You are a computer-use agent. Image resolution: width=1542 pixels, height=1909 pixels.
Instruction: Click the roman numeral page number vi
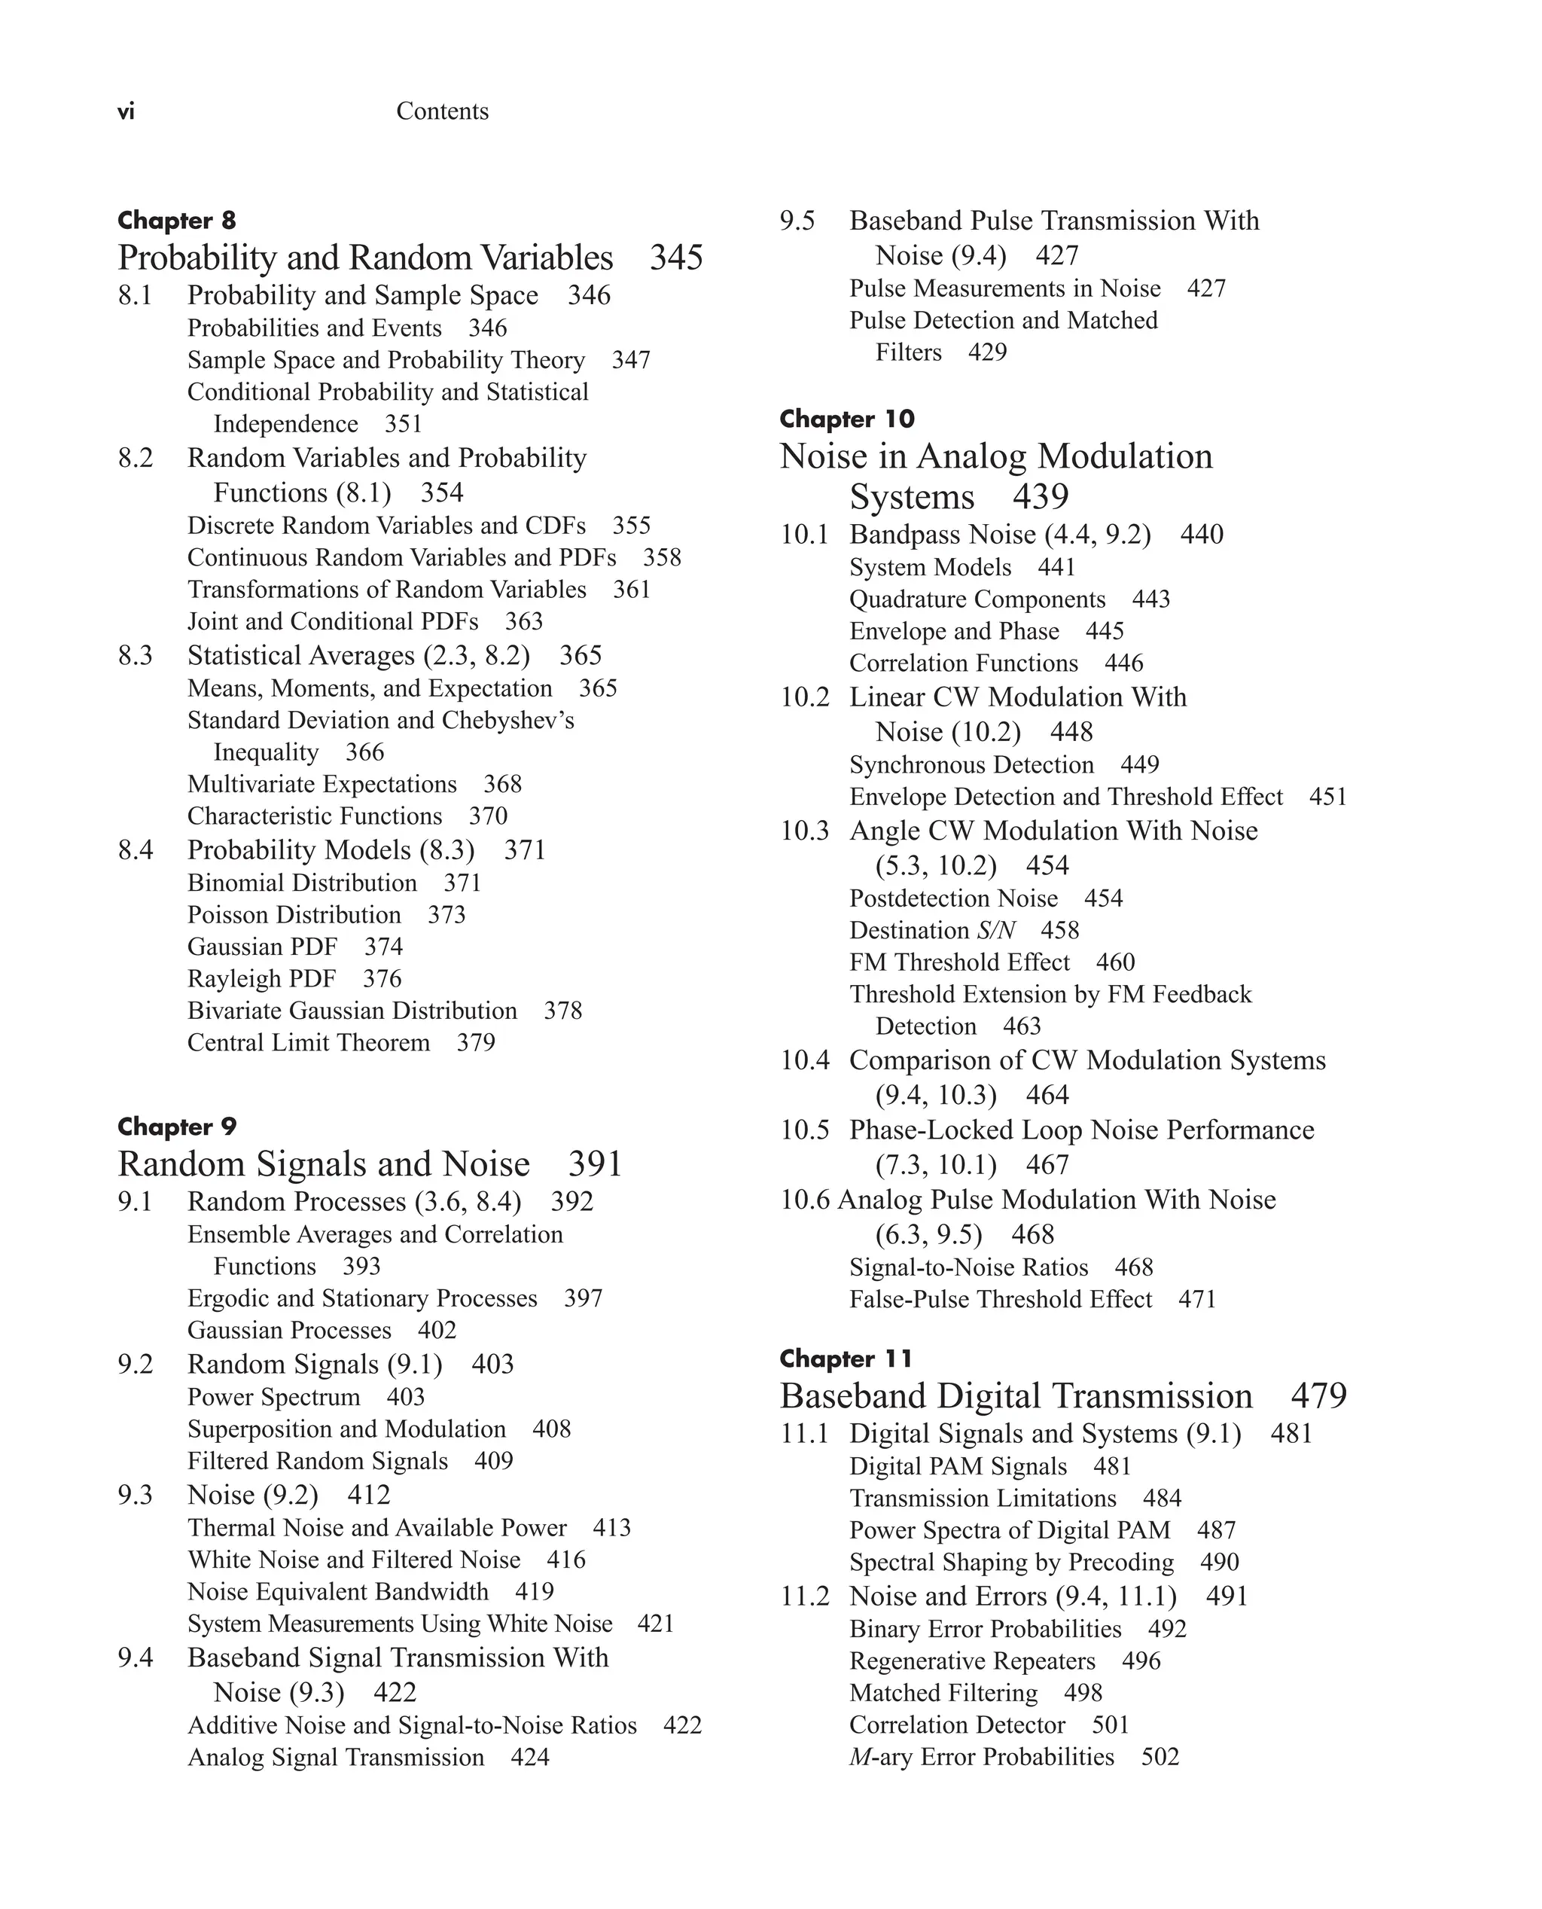pos(126,112)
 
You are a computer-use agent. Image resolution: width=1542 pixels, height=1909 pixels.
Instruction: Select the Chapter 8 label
pos(177,221)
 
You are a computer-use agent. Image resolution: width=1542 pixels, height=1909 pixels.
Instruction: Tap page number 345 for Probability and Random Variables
pos(676,258)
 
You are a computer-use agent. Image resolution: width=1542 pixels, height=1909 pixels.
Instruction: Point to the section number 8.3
pos(135,656)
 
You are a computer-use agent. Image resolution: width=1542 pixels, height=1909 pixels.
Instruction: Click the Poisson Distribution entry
pos(294,915)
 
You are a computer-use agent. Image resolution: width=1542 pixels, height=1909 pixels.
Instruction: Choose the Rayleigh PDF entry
pos(261,979)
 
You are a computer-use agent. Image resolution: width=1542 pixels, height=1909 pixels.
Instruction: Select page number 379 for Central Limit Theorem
pos(475,1043)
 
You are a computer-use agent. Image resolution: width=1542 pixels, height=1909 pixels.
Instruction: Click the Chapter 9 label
pos(177,1127)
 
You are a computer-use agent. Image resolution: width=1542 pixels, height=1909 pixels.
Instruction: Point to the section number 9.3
pos(135,1495)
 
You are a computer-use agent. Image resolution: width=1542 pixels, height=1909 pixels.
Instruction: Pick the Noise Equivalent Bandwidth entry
pos(337,1592)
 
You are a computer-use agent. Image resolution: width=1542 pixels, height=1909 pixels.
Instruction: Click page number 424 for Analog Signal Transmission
pos(529,1757)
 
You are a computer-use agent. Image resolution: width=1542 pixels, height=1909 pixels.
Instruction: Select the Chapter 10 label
pos(846,419)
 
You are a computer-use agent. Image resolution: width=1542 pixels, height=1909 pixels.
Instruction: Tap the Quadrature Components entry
pos(977,599)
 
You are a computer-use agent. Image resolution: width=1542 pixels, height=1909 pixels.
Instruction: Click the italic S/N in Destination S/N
pos(995,931)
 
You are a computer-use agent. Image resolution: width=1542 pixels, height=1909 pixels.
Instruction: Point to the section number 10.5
pos(804,1130)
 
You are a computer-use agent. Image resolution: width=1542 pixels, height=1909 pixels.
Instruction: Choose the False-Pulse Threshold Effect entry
pos(1000,1300)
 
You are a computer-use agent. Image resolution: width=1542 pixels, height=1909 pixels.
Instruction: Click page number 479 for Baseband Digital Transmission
pos(1318,1396)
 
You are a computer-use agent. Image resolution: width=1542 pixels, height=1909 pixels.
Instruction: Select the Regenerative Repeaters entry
pos(972,1661)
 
